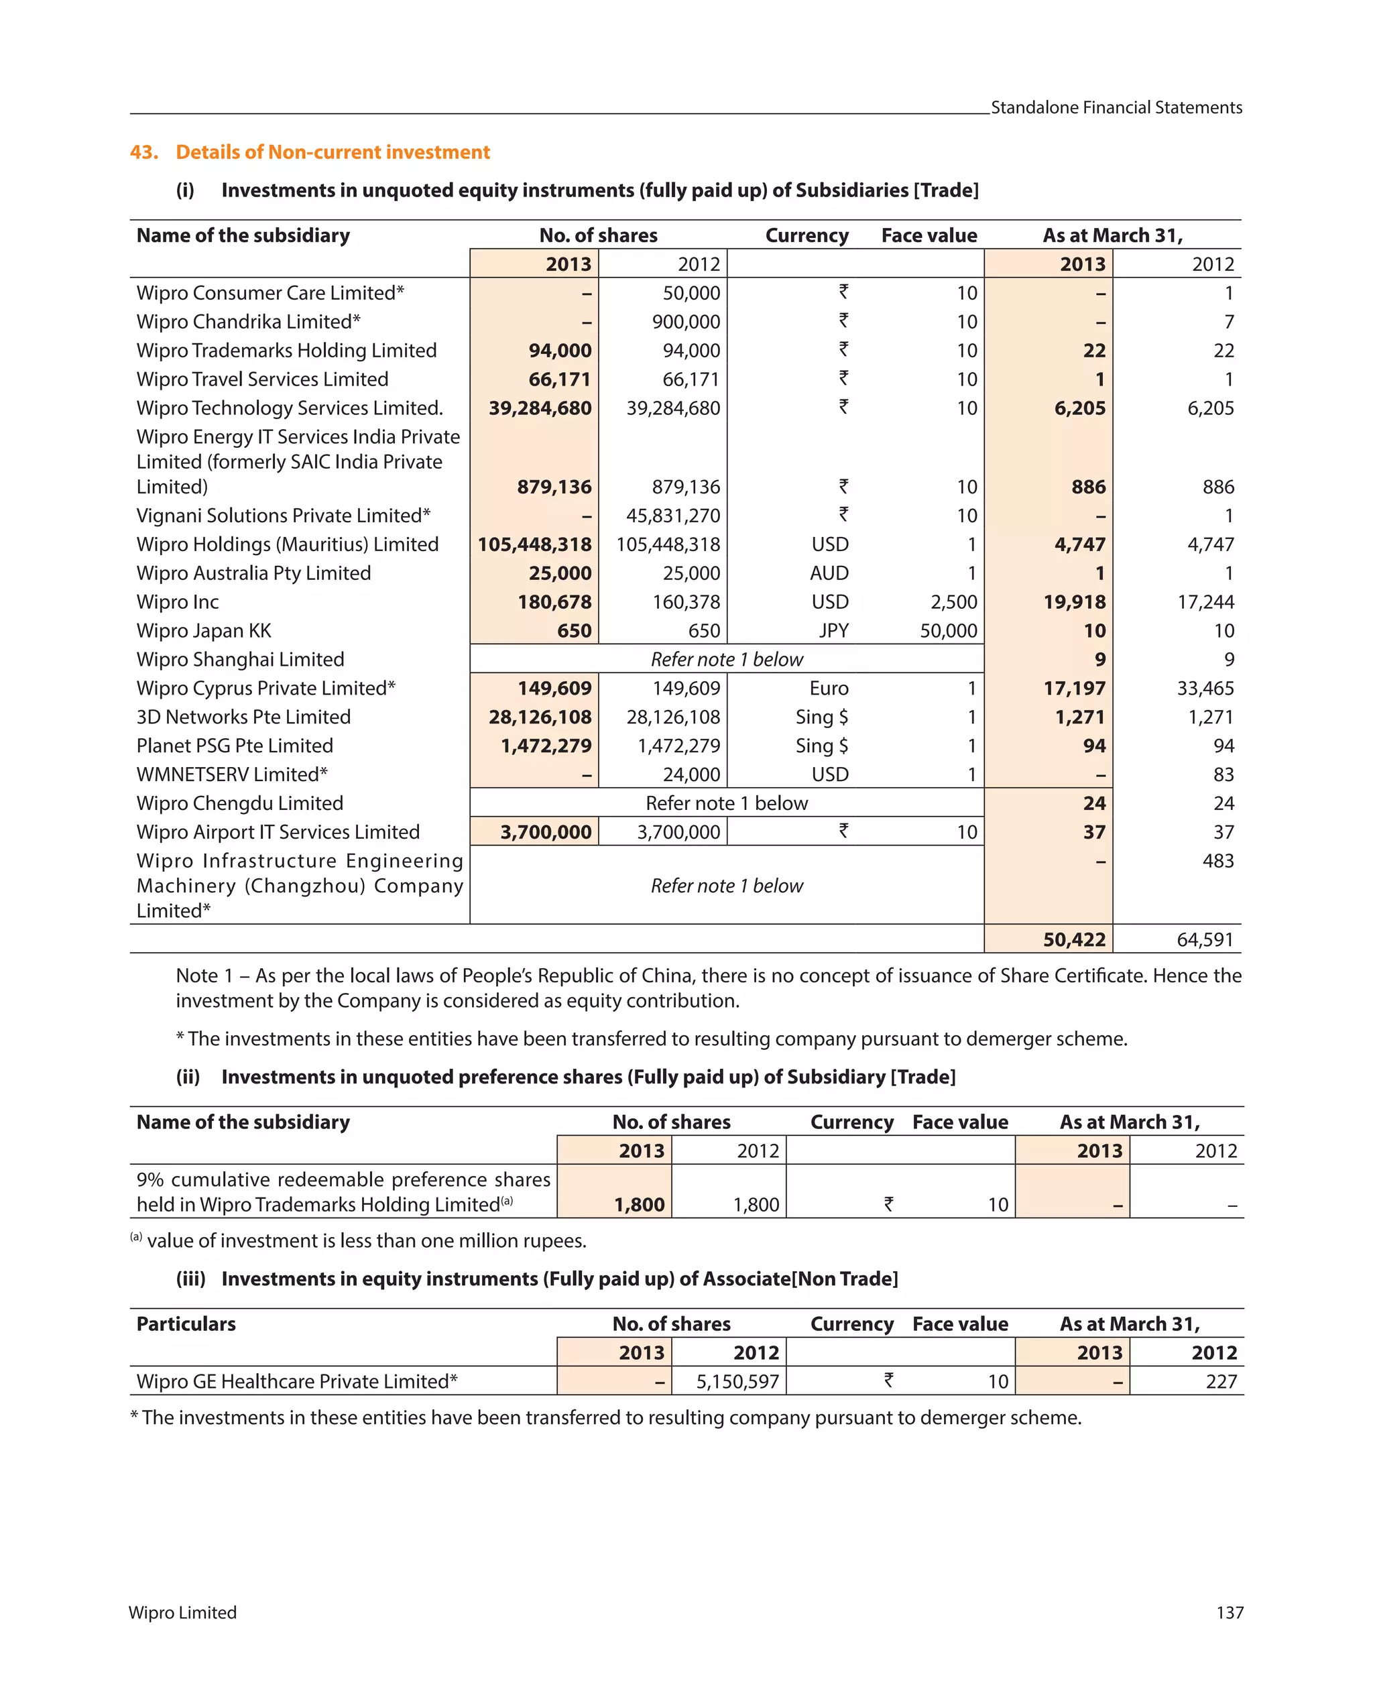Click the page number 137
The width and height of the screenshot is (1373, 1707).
pyautogui.click(x=1229, y=1612)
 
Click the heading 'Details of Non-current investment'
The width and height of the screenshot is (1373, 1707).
pyautogui.click(x=333, y=152)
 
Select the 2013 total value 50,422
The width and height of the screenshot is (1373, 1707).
pyautogui.click(x=1074, y=939)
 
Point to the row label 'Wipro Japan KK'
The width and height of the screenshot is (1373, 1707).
pyautogui.click(x=204, y=630)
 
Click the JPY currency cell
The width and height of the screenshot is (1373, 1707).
pyautogui.click(x=833, y=630)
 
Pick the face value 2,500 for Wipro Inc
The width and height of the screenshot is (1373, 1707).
pyautogui.click(x=953, y=601)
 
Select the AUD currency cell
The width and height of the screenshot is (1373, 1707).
pyautogui.click(x=829, y=573)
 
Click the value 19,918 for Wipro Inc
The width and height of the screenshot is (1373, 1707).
pyautogui.click(x=1074, y=601)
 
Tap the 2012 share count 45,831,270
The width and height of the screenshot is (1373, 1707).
pyautogui.click(x=673, y=516)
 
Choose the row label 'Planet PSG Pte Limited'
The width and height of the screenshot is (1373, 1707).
pyautogui.click(x=235, y=745)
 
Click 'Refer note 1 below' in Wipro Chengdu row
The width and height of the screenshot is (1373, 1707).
pyautogui.click(x=726, y=803)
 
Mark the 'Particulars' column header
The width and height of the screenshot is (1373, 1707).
pyautogui.click(x=186, y=1323)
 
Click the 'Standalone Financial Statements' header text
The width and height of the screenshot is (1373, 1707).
pyautogui.click(x=1116, y=108)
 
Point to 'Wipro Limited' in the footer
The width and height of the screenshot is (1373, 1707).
pyautogui.click(x=183, y=1612)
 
